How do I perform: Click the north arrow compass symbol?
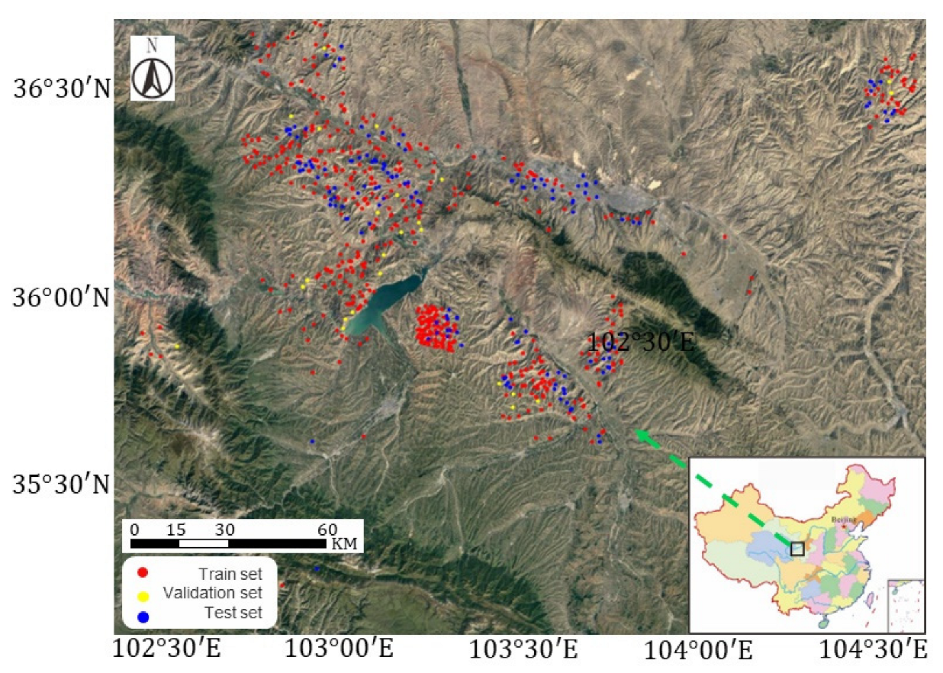coord(152,69)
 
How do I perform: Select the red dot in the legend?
coord(143,572)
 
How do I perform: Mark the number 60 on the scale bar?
coord(327,529)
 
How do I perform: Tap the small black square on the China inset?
coord(797,549)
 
